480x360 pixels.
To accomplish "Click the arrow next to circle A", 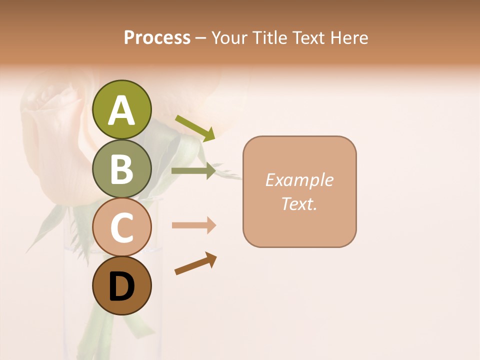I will (x=195, y=128).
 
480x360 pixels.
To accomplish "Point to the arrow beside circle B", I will (x=193, y=171).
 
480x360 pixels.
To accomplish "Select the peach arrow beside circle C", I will (x=194, y=225).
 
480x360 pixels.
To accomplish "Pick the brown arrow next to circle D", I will (x=195, y=263).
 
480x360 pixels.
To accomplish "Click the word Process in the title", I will (x=157, y=37).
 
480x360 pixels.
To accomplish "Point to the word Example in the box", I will (x=299, y=180).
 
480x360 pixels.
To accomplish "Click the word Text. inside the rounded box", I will (x=299, y=204).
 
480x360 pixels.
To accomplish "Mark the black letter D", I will (x=121, y=287).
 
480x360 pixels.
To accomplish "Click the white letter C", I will (x=121, y=227).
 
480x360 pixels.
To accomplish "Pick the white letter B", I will (x=121, y=169).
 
